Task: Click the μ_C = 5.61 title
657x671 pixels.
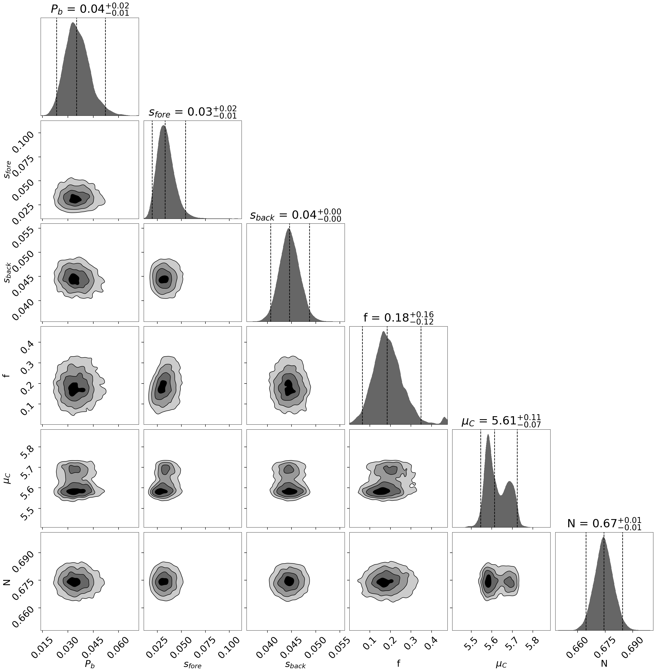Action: [501, 421]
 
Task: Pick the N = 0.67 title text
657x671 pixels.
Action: [604, 524]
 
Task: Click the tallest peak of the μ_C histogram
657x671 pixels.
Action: [488, 436]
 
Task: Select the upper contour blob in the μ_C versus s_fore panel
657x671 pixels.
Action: [166, 469]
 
